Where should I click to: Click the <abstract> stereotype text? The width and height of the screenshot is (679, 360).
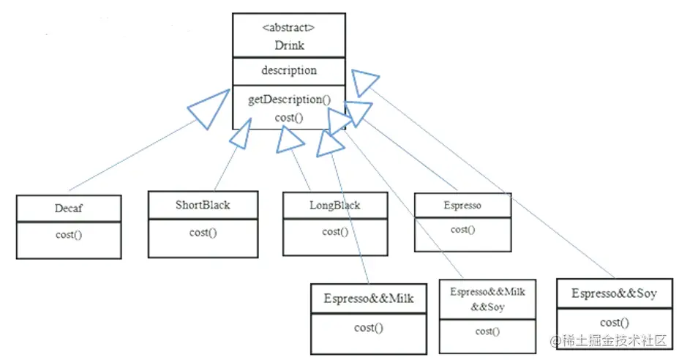pos(288,28)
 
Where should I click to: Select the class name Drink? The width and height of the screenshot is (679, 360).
pos(288,45)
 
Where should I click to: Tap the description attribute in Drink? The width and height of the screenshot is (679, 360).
pos(288,71)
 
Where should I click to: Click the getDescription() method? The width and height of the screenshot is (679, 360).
pos(288,100)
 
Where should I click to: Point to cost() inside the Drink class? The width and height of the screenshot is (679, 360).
pos(288,117)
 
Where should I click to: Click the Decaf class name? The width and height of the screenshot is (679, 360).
pos(68,208)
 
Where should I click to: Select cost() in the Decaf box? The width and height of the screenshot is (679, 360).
pos(68,235)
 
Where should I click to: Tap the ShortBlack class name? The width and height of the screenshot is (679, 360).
pos(203,205)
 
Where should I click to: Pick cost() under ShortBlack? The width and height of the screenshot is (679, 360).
pos(203,233)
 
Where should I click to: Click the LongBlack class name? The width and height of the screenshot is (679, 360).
pos(334,205)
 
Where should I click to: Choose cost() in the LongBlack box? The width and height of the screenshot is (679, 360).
pos(334,232)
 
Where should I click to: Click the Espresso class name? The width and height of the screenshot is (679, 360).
pos(462,206)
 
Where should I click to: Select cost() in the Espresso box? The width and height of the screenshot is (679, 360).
pos(462,230)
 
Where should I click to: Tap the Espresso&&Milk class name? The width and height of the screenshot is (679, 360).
pos(369,299)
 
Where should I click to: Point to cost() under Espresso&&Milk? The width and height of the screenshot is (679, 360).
pos(369,328)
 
